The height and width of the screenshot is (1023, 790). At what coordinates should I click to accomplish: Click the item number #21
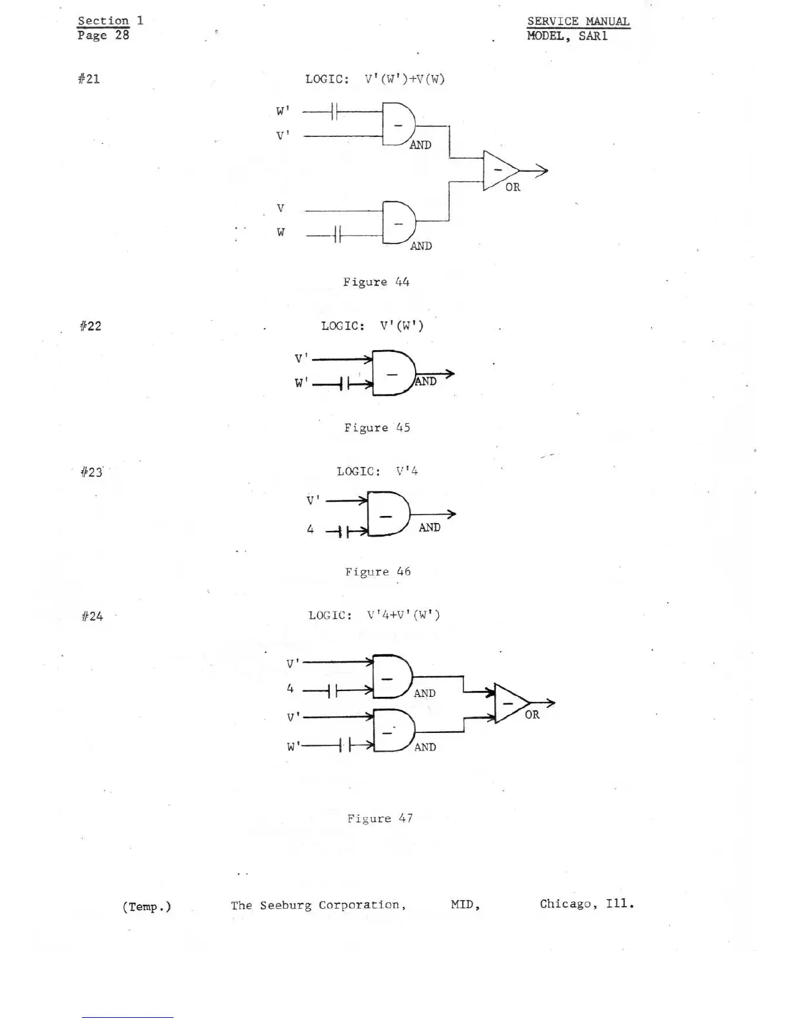89,79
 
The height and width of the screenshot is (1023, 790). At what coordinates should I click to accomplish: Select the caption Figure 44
376,282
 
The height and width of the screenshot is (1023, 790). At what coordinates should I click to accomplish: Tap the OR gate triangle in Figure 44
499,170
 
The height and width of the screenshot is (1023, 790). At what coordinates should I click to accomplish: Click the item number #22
90,326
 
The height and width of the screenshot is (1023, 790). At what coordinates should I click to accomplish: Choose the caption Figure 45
377,428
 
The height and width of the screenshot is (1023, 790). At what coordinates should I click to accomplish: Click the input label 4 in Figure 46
310,530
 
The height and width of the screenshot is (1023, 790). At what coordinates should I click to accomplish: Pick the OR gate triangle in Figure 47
511,703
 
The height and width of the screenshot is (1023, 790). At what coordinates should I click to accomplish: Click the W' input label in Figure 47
293,747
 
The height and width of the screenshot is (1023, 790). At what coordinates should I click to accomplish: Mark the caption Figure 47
380,818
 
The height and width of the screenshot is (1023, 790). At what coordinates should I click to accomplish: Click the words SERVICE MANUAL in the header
578,21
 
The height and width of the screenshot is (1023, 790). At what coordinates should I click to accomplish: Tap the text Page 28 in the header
103,36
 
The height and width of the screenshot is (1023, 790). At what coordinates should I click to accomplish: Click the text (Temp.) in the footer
147,907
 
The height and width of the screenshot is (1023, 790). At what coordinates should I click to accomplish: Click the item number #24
92,617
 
